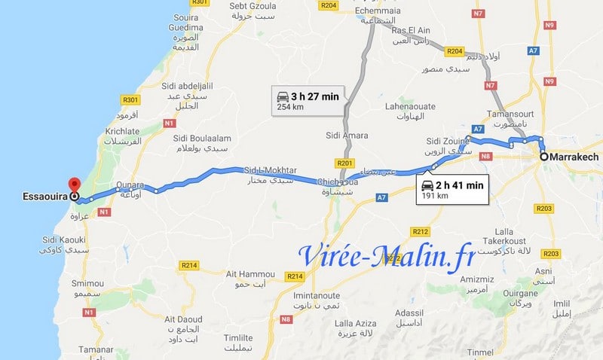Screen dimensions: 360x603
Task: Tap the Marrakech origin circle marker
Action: [543, 157]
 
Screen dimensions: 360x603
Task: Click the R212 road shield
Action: [421, 230]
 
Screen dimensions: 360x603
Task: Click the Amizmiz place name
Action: [477, 278]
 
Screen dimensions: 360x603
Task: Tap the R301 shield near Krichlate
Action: [131, 99]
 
